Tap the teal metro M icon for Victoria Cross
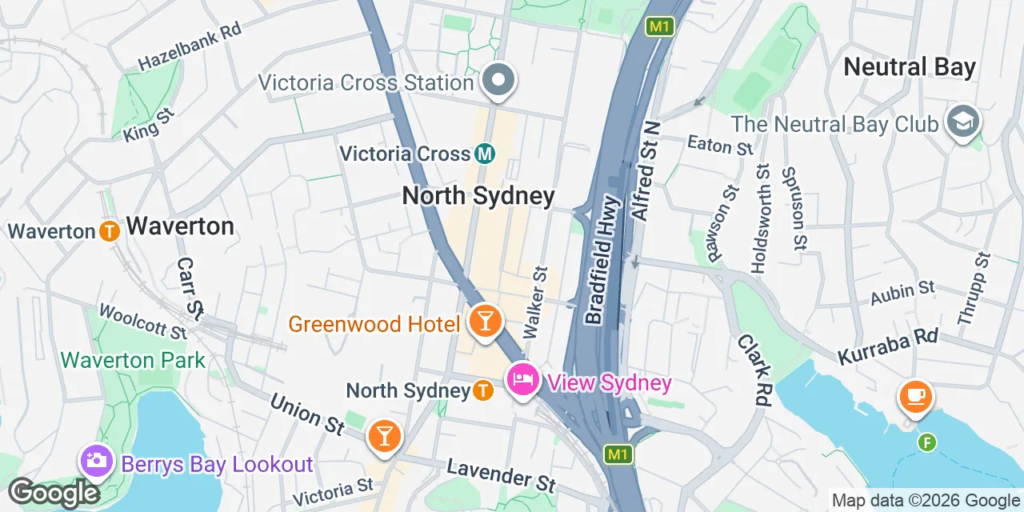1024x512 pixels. coord(484,153)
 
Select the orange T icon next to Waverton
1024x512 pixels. coord(110,231)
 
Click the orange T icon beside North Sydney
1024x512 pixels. coord(482,390)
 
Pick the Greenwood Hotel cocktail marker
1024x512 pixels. coord(485,322)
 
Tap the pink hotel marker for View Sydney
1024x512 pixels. coord(522,379)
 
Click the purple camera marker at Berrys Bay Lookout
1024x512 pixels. coord(96,461)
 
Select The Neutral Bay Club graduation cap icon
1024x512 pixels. coord(963,122)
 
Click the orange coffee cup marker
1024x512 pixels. coord(915,396)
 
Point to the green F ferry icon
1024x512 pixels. coord(926,441)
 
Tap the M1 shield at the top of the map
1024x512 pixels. coord(659,26)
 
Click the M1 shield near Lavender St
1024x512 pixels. coord(617,454)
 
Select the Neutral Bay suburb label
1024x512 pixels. coord(910,67)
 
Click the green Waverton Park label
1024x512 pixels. coord(134,360)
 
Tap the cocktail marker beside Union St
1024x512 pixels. coord(384,436)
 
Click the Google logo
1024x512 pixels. coord(54,493)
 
